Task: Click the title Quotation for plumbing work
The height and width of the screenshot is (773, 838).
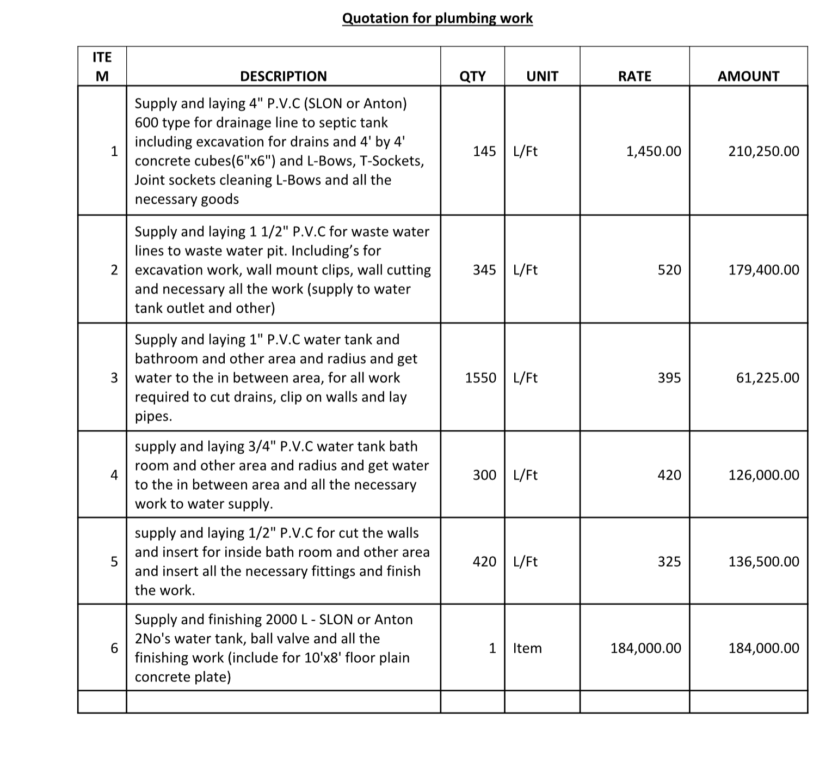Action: tap(438, 19)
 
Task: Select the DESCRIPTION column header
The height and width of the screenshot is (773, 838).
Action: tap(284, 76)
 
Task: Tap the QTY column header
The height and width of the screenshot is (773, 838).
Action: tap(472, 76)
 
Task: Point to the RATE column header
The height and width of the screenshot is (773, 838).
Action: tap(634, 76)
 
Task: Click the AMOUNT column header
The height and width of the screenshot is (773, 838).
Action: tap(748, 76)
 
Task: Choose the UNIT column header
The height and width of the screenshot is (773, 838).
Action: tap(542, 76)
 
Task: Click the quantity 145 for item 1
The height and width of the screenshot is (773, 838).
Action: tap(484, 151)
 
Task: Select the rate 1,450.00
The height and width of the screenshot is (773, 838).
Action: tap(654, 151)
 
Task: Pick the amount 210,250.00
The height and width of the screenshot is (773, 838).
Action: tap(764, 151)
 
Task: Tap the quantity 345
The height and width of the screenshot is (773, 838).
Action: tap(484, 270)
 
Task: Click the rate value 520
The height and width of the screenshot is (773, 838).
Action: tap(669, 270)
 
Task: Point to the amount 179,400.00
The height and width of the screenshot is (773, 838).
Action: tap(764, 270)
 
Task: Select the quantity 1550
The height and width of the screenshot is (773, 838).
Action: tap(480, 378)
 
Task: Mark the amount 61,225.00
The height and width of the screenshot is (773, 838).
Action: tap(768, 378)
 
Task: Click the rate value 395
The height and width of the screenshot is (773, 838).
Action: tap(669, 378)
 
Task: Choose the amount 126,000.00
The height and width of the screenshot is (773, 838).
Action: tap(764, 475)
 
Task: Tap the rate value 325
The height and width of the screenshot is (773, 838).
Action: tap(669, 562)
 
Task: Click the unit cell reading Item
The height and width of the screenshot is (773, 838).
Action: tap(527, 648)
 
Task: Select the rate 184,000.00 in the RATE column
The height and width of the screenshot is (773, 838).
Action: tap(646, 648)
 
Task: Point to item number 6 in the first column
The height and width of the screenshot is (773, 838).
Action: tap(114, 648)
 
